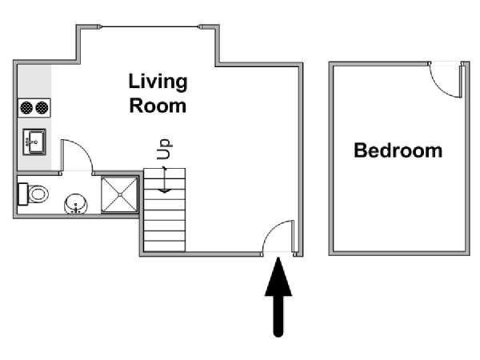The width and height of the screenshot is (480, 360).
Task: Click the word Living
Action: pos(158,82)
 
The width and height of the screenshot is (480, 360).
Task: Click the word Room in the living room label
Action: pos(158,106)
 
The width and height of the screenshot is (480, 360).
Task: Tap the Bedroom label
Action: pos(398,150)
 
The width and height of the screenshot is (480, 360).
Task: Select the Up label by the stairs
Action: pos(164,149)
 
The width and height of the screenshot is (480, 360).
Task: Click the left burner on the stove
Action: pos(26,108)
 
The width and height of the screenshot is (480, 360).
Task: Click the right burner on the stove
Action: pos(42,108)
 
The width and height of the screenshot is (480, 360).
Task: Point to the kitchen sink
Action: pos(34,142)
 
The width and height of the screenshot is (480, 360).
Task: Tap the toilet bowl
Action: pos(38,194)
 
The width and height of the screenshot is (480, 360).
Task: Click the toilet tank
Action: pos(23,194)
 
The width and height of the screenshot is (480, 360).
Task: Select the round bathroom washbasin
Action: pos(76,203)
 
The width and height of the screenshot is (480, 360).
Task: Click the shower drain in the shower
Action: pos(120,194)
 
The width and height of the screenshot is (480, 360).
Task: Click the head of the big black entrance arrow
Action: pos(278,277)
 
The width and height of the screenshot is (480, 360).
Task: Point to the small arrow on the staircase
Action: pos(165,180)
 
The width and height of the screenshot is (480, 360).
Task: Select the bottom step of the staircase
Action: pos(164,246)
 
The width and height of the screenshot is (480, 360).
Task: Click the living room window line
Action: pos(150,27)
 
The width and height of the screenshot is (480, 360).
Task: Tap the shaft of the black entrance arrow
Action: pos(278,316)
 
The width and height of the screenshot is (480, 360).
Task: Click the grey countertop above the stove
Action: pos(34,82)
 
